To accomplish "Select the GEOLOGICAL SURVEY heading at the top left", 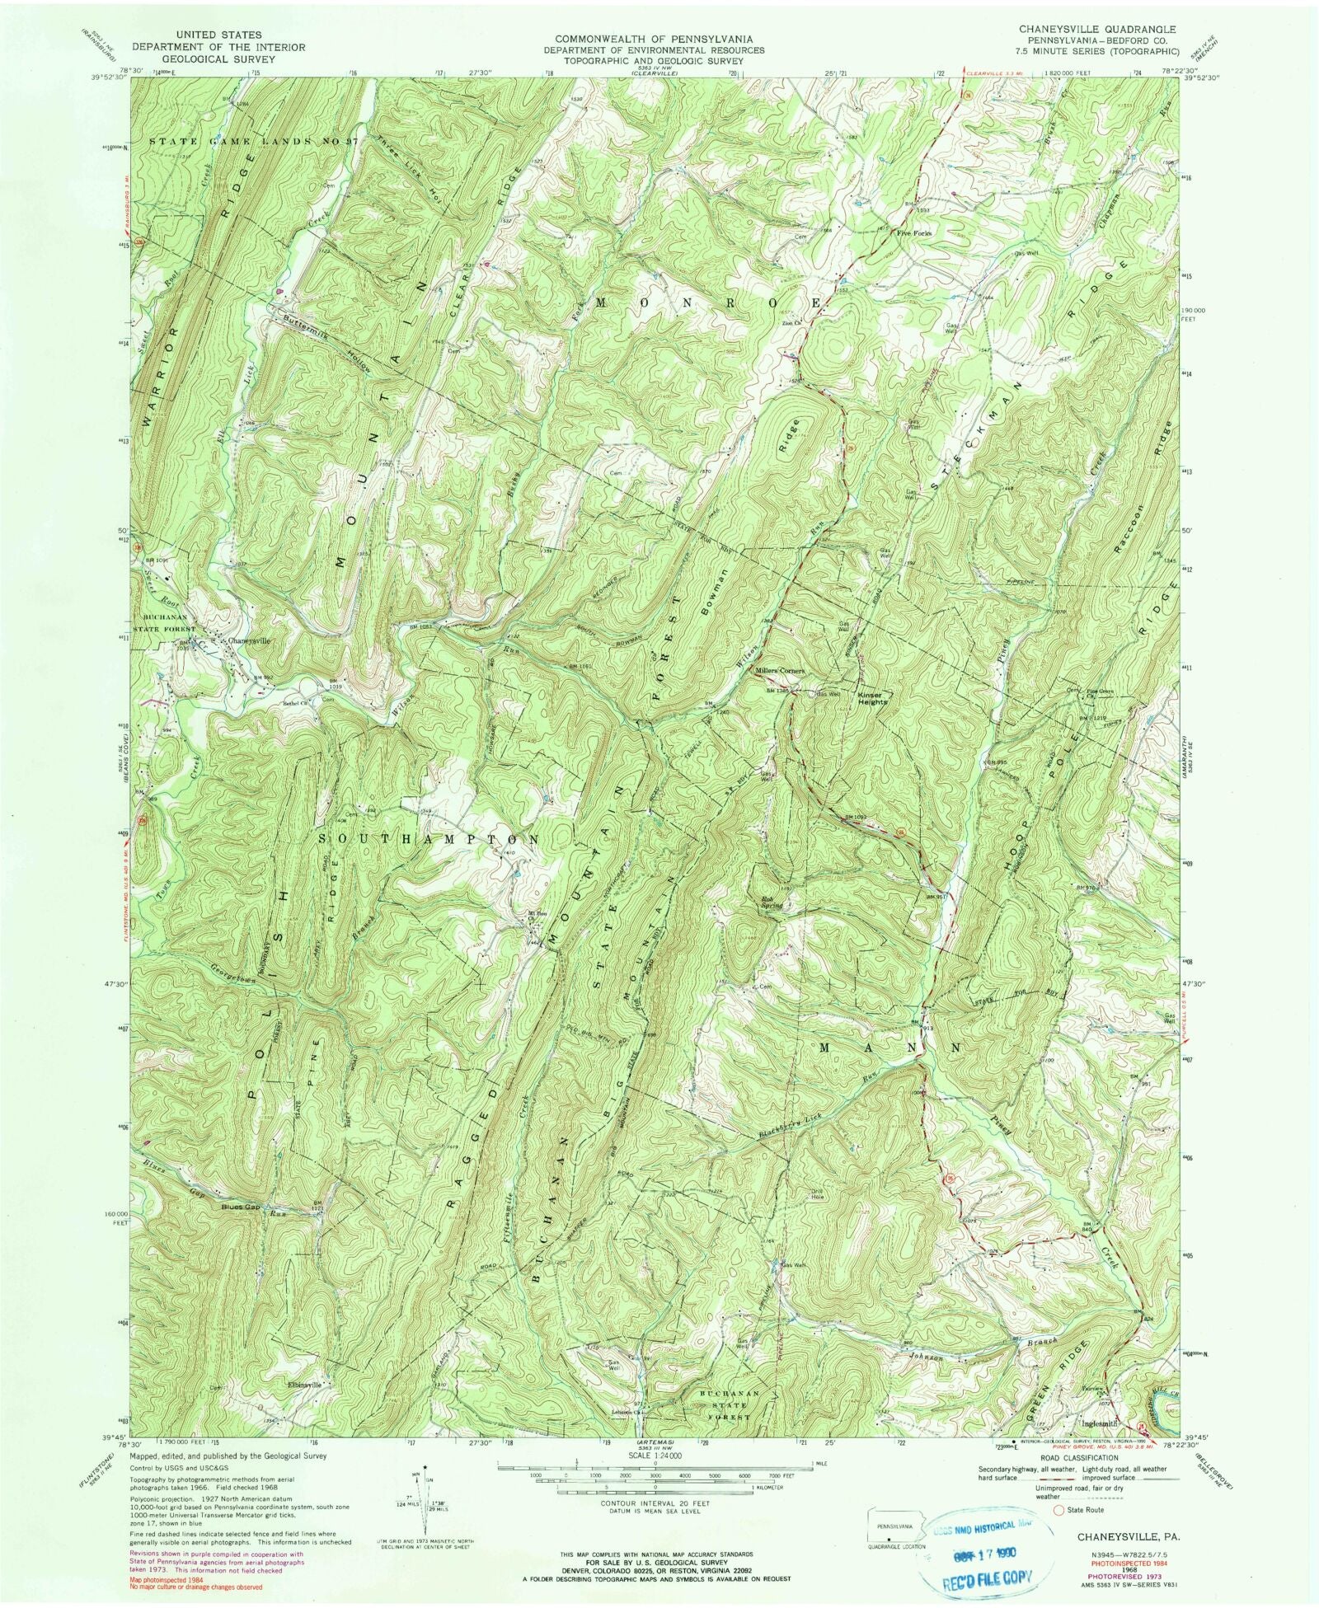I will coord(217,59).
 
